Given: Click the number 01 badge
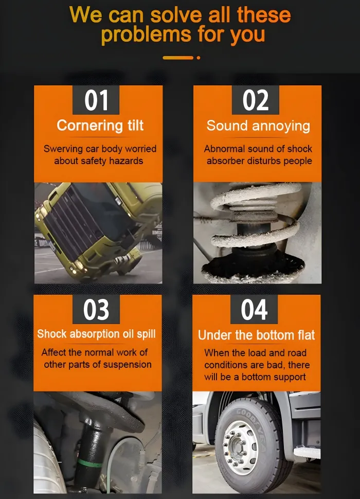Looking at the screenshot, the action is pos(96,100).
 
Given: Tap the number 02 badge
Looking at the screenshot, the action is pos(256,100).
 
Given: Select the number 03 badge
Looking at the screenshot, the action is pos(96,309).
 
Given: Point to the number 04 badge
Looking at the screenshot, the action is pos(254,309).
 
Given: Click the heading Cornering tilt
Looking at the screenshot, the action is pos(100,126).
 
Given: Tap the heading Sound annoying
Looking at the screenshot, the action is pos(258,126).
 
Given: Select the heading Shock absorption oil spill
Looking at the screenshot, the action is pos(96,334).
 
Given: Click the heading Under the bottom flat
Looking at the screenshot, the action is pos(256,335).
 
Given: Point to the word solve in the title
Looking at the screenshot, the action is pos(176,15).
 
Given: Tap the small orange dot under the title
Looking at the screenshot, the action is pos(199,58).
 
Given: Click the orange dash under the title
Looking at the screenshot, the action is pos(178,58).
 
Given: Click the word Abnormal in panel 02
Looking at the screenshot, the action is pos(225,149).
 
